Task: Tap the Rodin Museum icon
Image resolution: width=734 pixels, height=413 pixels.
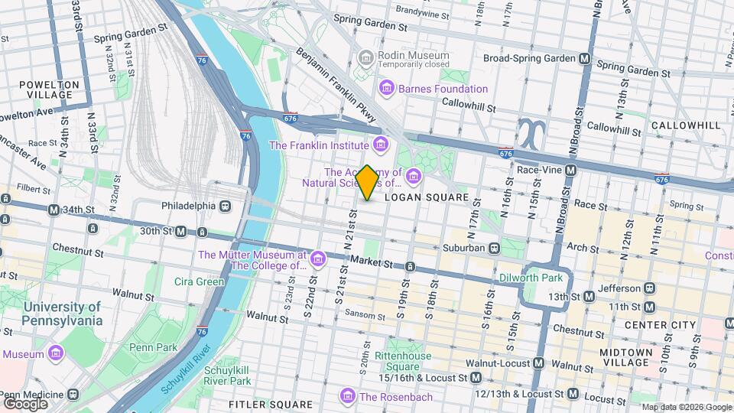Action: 365,58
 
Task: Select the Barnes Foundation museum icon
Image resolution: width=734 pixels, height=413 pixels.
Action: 387,89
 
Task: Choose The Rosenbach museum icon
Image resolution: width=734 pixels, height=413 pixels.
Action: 348,396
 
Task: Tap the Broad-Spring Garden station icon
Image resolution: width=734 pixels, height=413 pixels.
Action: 585,58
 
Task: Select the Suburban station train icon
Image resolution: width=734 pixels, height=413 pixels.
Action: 495,248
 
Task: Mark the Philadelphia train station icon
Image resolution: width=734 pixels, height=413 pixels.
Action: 225,206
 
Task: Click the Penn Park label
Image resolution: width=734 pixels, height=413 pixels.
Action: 153,347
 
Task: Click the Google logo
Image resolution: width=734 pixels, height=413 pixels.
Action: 26,403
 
